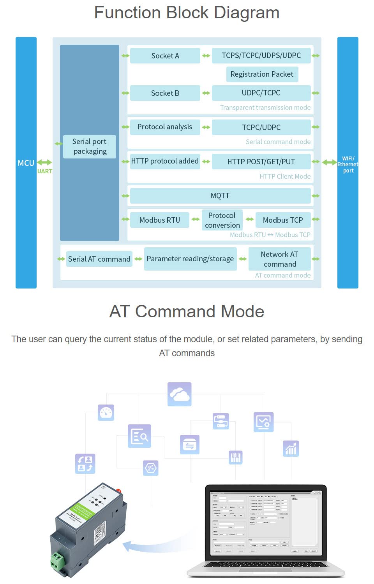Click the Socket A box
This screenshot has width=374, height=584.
(165, 56)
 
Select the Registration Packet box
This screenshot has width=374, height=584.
(262, 74)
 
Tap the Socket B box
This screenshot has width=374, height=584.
(165, 93)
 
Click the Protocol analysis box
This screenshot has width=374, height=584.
(165, 127)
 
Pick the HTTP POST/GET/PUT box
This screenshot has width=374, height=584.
(261, 162)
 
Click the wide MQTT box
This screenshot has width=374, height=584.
(220, 196)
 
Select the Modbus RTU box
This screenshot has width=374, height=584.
(160, 220)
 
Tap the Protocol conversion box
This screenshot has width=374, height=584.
(222, 220)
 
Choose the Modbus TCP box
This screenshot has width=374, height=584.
(283, 220)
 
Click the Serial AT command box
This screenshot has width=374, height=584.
(99, 259)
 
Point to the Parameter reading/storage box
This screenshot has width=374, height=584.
(190, 259)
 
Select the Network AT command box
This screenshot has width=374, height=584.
(280, 259)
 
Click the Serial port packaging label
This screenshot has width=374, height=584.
(90, 146)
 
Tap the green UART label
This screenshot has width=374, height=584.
(45, 171)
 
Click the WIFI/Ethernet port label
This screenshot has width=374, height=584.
(348, 164)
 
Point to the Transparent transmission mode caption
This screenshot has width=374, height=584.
(265, 107)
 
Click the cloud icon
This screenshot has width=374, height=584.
(179, 394)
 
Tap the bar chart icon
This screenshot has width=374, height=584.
(291, 449)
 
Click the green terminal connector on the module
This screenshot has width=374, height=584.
(57, 561)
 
